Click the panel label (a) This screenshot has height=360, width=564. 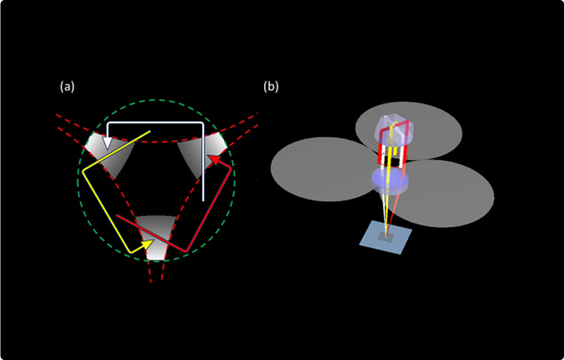tap(67, 87)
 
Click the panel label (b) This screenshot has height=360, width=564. tap(271, 87)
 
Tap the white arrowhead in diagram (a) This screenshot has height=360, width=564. tap(107, 143)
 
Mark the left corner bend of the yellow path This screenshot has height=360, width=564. tap(84, 171)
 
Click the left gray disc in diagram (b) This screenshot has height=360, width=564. tap(314, 169)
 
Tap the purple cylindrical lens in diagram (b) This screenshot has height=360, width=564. tap(390, 181)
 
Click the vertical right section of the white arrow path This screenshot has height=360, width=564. tap(204, 164)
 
